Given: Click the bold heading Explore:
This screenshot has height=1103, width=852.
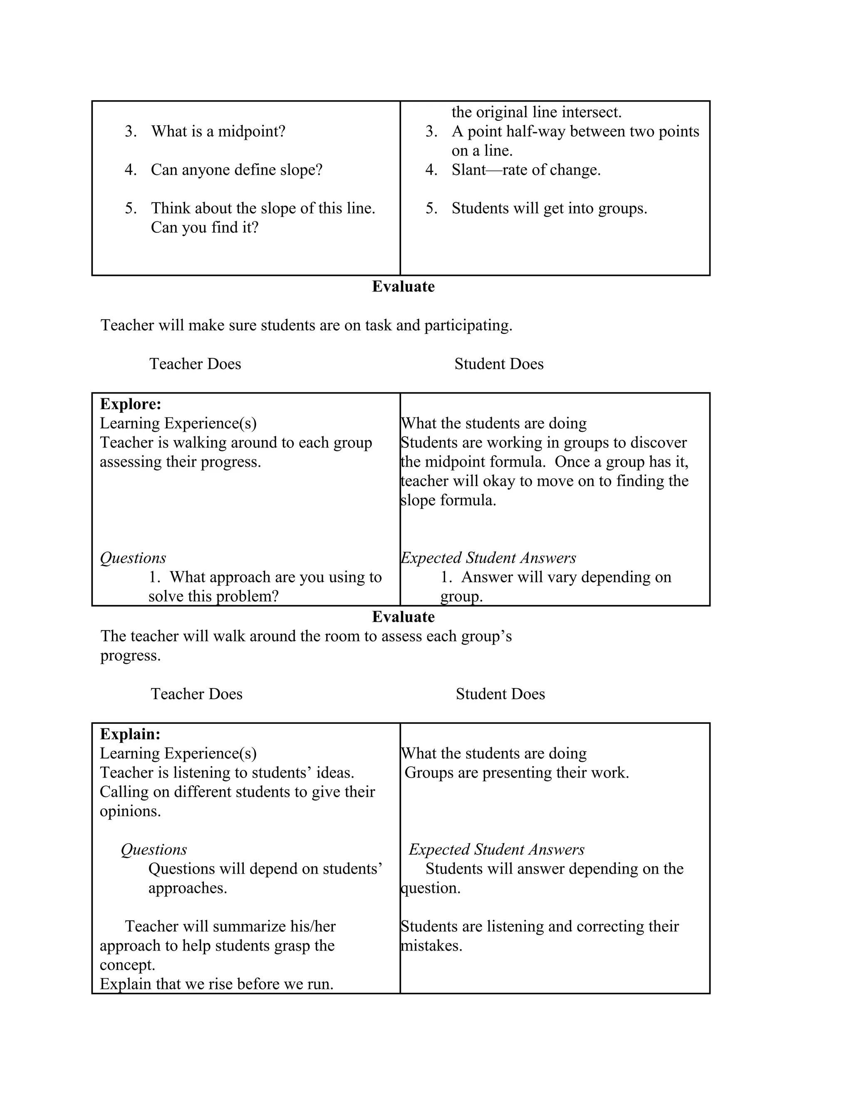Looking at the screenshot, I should point(130,404).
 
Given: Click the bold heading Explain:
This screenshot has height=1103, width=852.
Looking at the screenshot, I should point(130,734).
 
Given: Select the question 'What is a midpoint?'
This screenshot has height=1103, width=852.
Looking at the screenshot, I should point(218,131).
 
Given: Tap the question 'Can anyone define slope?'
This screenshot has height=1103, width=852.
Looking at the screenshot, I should point(236,170).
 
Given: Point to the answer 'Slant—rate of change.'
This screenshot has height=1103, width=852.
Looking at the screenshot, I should point(525,170).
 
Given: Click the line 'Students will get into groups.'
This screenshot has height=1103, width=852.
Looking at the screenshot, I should point(549,208).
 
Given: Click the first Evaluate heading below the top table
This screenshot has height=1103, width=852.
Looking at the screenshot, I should point(403,286).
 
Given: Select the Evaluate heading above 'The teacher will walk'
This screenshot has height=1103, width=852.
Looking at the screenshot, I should point(403,617).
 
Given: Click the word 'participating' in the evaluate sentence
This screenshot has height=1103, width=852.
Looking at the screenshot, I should point(467,325).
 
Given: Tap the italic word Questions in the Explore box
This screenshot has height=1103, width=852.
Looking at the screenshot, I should point(133,558).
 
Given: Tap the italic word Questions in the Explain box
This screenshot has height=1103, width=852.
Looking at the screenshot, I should point(154,850).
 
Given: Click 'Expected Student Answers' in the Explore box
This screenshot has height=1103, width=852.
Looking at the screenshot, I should point(488,558).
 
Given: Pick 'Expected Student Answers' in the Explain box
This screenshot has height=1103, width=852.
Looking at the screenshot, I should point(496,850).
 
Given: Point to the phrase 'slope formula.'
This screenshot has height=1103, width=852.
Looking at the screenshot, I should point(448,500).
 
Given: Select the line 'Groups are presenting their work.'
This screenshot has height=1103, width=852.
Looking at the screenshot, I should point(516,773).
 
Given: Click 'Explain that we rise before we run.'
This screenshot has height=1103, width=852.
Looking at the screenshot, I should point(216,984).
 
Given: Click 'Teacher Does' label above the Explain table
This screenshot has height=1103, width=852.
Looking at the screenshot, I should point(196,694).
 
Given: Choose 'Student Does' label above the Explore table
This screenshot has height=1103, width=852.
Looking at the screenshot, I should point(499,364).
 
